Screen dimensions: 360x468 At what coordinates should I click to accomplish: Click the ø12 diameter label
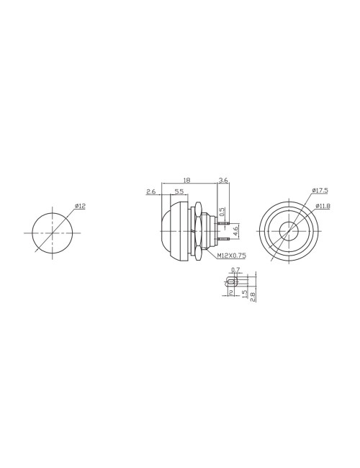(81, 206)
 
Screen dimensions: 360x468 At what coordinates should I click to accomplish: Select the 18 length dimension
(186, 180)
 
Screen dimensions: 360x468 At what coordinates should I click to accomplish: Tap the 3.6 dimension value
(223, 180)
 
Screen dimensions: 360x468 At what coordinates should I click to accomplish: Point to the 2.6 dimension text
(151, 192)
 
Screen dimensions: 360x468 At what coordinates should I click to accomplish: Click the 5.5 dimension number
(179, 192)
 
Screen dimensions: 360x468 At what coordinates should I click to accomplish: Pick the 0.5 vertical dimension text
(222, 212)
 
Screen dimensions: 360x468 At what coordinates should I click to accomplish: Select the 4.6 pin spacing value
(235, 231)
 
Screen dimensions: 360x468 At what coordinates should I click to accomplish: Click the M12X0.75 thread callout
(232, 256)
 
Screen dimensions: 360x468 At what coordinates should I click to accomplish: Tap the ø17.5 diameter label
(320, 190)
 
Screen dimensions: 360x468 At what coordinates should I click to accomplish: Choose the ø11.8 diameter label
(323, 206)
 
